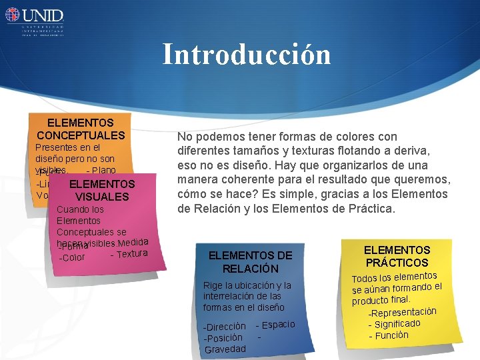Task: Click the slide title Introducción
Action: tap(247, 55)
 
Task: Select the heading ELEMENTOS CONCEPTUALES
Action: tap(81, 129)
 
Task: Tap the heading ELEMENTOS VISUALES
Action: tap(102, 190)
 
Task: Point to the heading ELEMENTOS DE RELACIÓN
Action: tap(250, 261)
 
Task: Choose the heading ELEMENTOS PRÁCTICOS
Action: tap(397, 256)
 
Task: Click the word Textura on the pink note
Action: tap(131, 253)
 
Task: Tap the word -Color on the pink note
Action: tap(72, 257)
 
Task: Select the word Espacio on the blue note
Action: tap(278, 324)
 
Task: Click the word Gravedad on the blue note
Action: tap(225, 349)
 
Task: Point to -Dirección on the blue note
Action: tap(225, 327)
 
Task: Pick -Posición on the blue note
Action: tap(223, 338)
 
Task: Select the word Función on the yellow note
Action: tap(391, 335)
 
